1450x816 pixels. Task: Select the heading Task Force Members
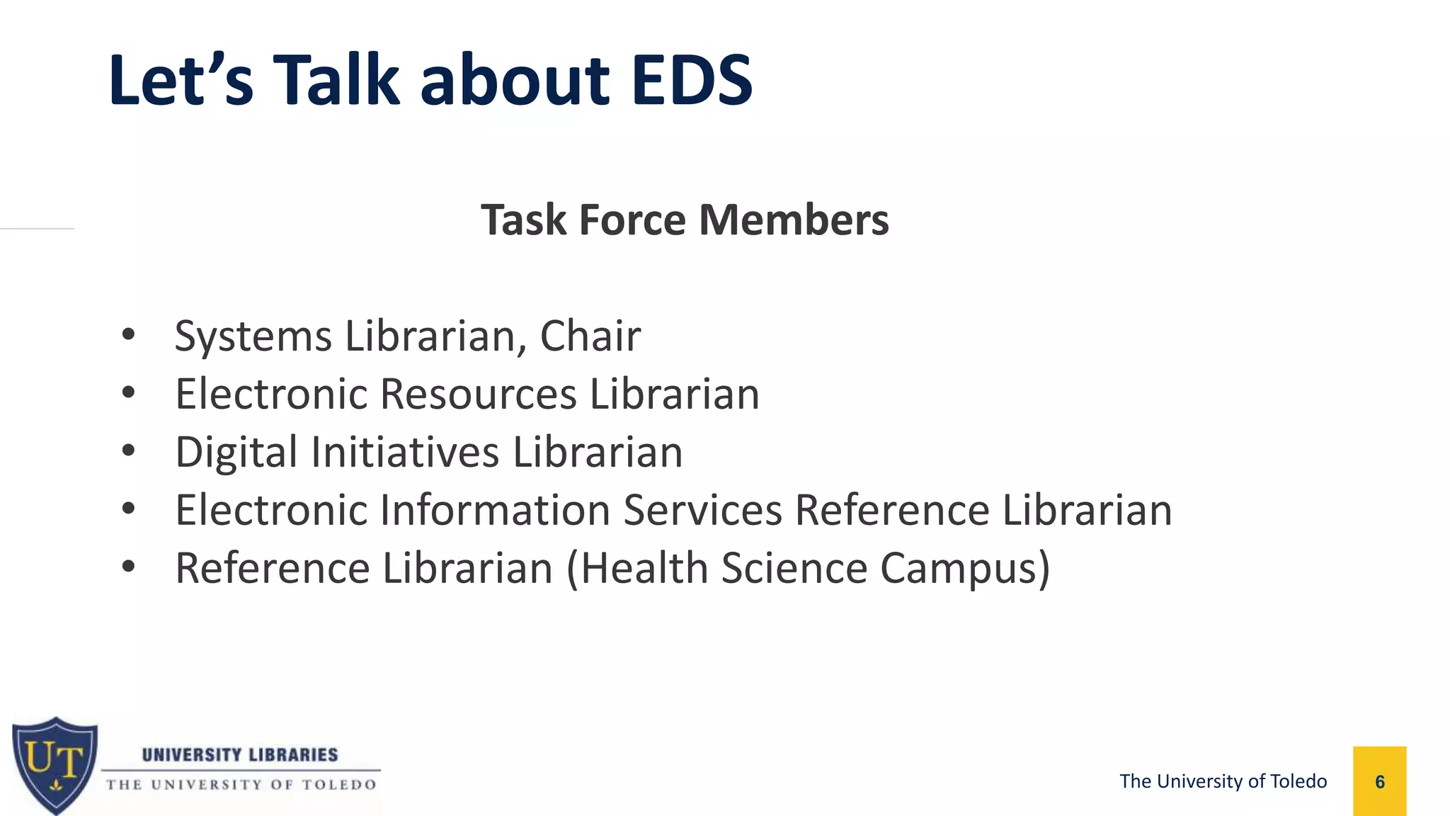tap(685, 220)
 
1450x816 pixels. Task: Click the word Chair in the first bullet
tap(590, 336)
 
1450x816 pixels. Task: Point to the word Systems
tap(253, 336)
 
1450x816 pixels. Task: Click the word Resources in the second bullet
tap(478, 394)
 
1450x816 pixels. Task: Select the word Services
tap(702, 510)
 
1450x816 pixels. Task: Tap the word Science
tap(794, 568)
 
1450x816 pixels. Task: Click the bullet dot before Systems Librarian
tap(128, 334)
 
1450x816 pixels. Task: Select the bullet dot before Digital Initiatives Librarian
tap(128, 450)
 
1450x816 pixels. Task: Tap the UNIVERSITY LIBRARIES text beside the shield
tap(240, 754)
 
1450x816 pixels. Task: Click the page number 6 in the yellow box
tap(1379, 782)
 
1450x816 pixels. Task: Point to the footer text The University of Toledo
tap(1223, 781)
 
